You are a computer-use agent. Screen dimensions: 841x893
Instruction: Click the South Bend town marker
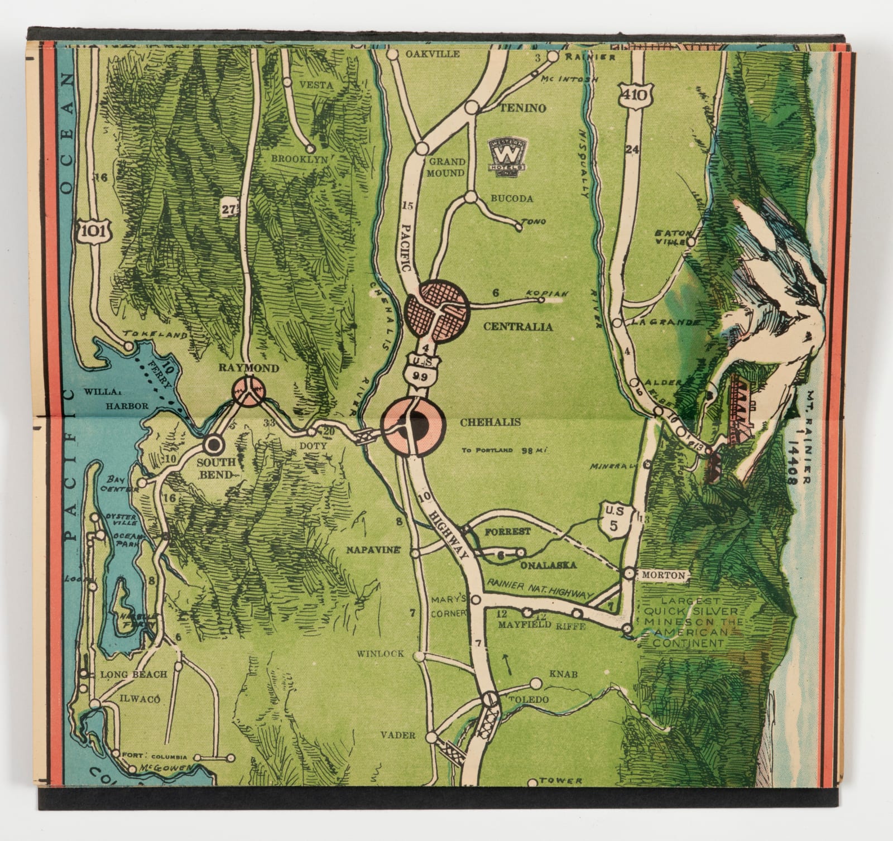[213, 445]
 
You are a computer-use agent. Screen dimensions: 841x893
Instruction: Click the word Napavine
[373, 550]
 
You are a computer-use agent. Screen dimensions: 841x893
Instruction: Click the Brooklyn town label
[299, 159]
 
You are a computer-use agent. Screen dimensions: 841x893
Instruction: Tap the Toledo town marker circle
[489, 698]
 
